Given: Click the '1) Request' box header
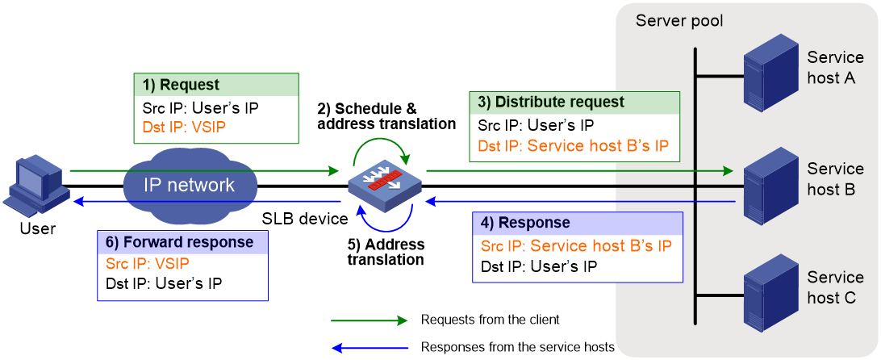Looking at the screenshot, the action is tap(216, 86).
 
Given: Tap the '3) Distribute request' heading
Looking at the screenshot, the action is tap(574, 102).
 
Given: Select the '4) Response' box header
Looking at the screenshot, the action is tap(578, 223).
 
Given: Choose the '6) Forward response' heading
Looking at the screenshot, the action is tap(182, 242).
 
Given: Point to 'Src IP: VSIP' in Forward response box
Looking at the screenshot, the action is tap(148, 264).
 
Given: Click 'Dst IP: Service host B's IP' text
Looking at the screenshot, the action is tap(574, 145).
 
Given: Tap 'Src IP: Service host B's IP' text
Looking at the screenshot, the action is tap(577, 246).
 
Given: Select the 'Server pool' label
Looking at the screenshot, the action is tap(679, 21).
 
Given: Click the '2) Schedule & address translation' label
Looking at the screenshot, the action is tap(386, 116).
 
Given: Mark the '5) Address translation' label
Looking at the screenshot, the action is tap(386, 252).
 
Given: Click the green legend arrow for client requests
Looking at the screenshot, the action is tap(369, 320).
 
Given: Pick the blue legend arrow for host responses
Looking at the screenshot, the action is tap(370, 347).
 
